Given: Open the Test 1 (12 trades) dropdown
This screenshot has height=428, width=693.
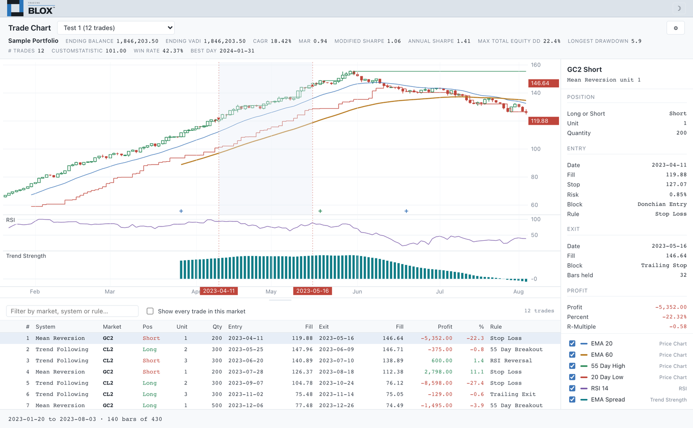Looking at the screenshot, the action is [x=115, y=28].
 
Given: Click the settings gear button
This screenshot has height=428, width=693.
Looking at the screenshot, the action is [x=675, y=28].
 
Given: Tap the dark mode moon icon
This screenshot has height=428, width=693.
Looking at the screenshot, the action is [x=679, y=8].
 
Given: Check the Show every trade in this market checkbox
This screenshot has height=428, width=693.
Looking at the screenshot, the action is [x=150, y=311].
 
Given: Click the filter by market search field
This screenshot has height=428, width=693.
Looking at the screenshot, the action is [x=72, y=311].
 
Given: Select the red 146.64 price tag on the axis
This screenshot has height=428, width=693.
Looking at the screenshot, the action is [x=544, y=83].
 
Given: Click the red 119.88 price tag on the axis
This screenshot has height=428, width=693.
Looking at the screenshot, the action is [x=544, y=121].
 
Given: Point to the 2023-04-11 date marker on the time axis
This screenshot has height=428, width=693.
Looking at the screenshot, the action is [x=219, y=291].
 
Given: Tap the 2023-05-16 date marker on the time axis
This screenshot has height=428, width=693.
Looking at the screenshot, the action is [x=312, y=291].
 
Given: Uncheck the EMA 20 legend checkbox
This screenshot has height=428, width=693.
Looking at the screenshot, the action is [x=572, y=343].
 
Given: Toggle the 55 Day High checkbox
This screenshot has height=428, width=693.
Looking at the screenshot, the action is [x=572, y=366].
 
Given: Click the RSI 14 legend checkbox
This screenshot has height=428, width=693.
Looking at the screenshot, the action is [x=572, y=388].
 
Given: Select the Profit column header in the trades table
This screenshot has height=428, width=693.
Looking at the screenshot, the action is [x=445, y=327].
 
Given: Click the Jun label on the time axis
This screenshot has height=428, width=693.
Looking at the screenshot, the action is [x=357, y=292].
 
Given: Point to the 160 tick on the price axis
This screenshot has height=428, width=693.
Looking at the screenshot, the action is [x=535, y=65].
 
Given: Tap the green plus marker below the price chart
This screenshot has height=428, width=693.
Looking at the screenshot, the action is [x=320, y=211].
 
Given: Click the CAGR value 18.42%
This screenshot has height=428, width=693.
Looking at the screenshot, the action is [x=281, y=41].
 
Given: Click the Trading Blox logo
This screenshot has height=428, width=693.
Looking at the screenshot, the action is [x=31, y=8].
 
